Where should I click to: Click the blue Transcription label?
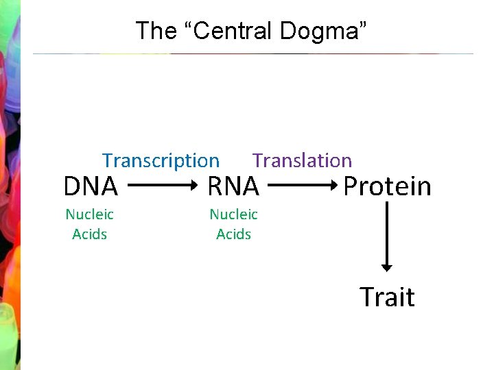161,161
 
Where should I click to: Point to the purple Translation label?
302,161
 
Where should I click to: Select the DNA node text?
91,186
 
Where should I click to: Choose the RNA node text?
233,186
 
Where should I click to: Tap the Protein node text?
387,186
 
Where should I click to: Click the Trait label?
387,297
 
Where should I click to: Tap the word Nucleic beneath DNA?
89,214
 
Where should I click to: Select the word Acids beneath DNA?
90,234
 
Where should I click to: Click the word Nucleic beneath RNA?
233,214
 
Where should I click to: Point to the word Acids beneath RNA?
234,234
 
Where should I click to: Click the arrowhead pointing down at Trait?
387,267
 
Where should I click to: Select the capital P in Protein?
350,186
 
